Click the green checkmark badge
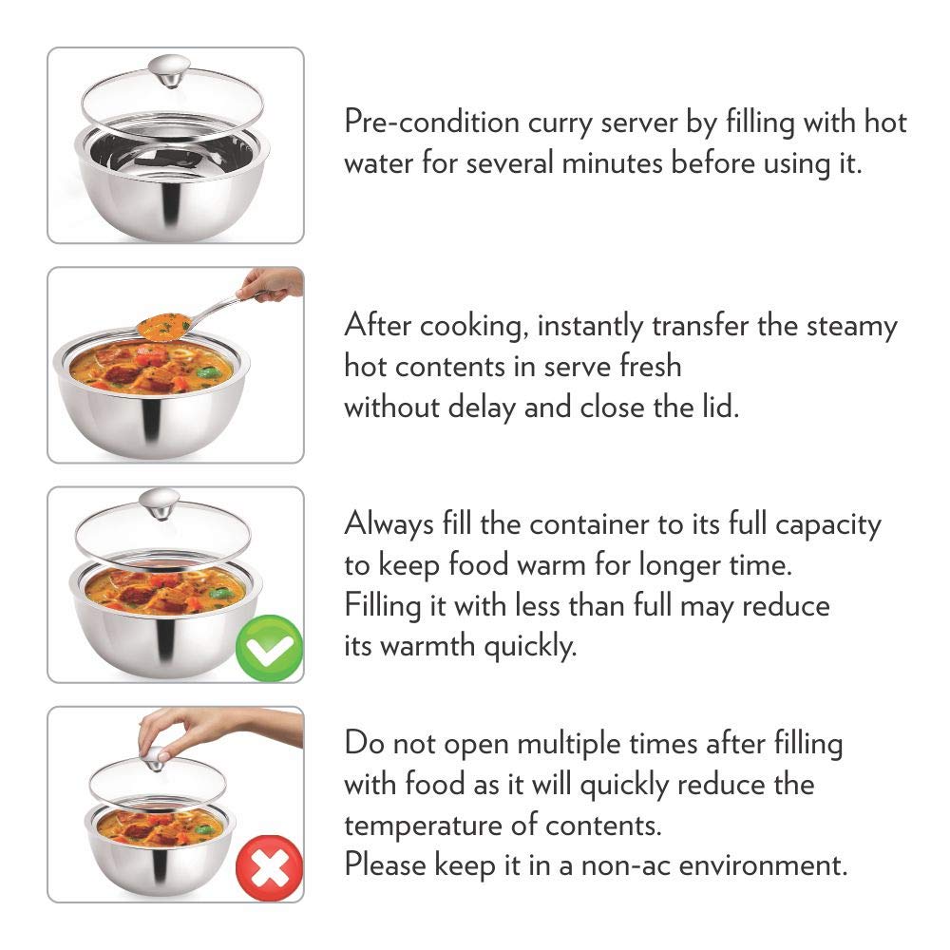269,649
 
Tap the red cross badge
269,868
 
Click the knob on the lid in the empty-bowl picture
169,71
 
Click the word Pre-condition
432,123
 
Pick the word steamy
851,327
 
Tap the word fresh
650,366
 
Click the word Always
389,524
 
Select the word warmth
427,646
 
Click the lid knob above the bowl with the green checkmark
159,504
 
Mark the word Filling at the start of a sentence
382,606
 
